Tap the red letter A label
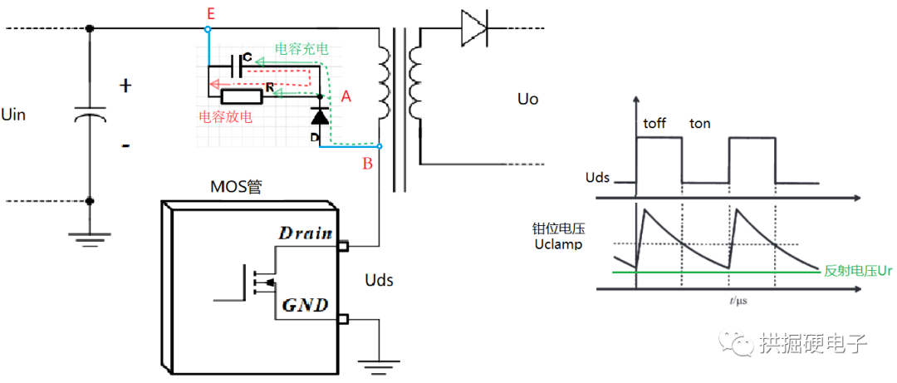pos(346,97)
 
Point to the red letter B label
pos(367,164)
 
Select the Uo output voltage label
pos(527,100)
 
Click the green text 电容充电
pos(301,49)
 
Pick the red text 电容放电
pos(225,117)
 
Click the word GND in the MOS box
pos(306,306)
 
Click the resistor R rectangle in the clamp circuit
pos(243,97)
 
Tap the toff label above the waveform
pos(655,124)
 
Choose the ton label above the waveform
pos(700,124)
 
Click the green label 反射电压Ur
pos(859,271)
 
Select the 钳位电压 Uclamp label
pos(558,237)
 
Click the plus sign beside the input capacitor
pos(126,86)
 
